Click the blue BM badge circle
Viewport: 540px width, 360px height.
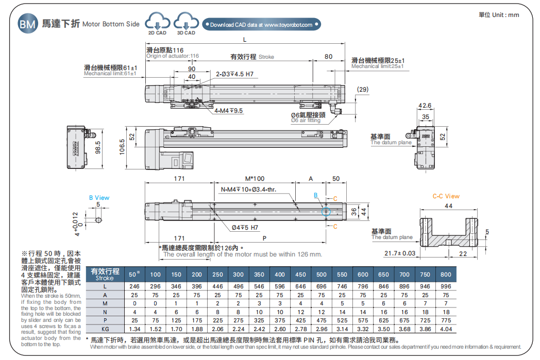click(x=28, y=24)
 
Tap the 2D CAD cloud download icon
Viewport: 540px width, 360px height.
click(x=157, y=23)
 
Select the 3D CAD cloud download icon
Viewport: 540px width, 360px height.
click(x=186, y=23)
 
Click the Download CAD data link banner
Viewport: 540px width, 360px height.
click(x=262, y=24)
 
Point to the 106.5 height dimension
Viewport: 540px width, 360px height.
click(x=122, y=147)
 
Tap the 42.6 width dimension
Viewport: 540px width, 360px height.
click(x=425, y=106)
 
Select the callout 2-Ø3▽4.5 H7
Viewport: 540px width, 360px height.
click(x=234, y=74)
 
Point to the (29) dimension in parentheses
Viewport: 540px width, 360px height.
click(x=363, y=90)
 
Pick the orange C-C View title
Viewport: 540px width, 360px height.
click(x=446, y=196)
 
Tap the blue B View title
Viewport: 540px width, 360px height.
click(x=99, y=198)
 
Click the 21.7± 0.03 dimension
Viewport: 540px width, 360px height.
click(x=400, y=253)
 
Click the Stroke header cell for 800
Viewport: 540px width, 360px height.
click(x=446, y=275)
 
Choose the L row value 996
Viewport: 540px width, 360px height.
click(x=446, y=286)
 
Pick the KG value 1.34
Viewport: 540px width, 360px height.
click(x=135, y=329)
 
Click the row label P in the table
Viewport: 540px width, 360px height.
click(x=105, y=320)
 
